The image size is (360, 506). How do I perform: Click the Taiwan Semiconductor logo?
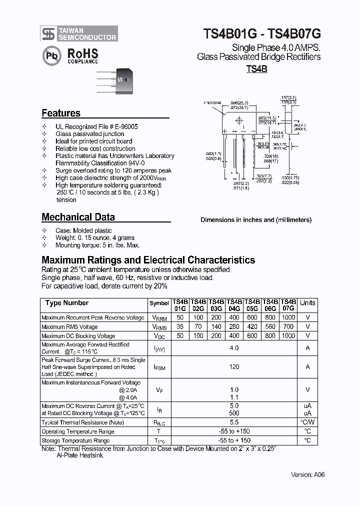79,33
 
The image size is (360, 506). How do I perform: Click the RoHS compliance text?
82,55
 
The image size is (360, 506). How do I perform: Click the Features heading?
61,113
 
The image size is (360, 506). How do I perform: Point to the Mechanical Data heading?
78,217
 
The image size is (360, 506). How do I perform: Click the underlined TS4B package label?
256,69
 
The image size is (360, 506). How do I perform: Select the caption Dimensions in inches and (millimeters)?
256,219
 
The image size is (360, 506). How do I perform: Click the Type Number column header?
67,303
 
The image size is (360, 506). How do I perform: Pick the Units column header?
307,303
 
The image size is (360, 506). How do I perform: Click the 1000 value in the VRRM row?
288,318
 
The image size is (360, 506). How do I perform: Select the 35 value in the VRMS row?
180,327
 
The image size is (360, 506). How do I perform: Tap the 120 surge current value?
234,366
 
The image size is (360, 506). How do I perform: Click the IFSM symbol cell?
159,367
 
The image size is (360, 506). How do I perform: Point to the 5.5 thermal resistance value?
234,422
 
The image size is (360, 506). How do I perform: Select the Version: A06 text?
308,474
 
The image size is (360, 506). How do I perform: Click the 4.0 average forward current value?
234,348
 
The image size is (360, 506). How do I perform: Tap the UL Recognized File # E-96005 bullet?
96,127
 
